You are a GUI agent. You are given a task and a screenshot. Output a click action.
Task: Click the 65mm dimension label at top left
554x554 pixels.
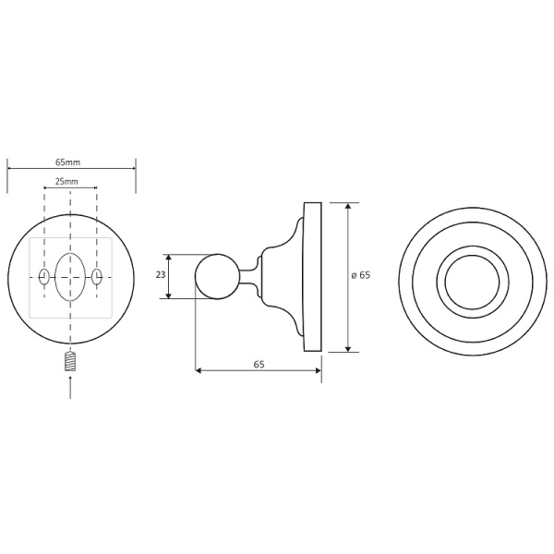71,163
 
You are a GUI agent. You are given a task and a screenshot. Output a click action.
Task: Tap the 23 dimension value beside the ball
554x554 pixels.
161,276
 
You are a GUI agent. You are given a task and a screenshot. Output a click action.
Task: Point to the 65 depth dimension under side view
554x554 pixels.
259,365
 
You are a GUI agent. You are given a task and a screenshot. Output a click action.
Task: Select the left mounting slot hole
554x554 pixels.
44,276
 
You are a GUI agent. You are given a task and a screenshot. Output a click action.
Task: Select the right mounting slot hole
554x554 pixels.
97,276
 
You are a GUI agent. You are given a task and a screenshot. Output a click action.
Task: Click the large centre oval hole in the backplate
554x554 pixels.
71,276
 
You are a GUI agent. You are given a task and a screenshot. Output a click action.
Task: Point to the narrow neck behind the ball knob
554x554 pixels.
247,276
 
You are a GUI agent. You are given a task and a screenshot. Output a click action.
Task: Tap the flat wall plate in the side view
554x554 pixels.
314,276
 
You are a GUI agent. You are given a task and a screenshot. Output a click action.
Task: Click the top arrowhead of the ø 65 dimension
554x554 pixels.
348,206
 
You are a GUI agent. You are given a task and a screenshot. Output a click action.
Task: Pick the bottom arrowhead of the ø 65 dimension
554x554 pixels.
348,348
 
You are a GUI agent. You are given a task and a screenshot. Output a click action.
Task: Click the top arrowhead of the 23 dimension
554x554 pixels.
170,258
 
